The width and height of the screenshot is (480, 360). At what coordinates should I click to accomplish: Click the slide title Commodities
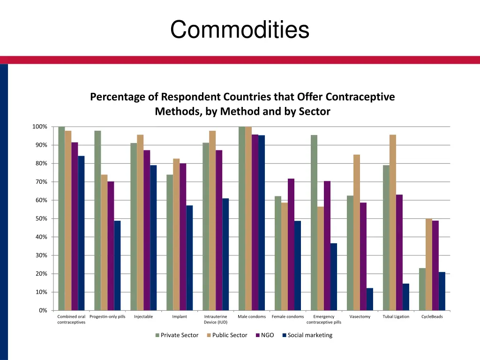pos(240,30)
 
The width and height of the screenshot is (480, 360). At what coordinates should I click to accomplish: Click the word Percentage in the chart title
pos(118,97)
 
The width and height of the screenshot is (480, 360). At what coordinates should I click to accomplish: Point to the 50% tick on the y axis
pos(40,218)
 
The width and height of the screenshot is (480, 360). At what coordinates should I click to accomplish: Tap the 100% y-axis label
pos(39,127)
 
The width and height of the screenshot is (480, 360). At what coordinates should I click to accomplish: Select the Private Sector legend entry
pos(177,335)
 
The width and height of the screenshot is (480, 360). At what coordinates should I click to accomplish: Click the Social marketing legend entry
pos(307,335)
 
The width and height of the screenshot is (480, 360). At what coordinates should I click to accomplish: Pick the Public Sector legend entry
pos(226,335)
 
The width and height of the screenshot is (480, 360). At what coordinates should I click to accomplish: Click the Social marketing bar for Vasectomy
pos(370,299)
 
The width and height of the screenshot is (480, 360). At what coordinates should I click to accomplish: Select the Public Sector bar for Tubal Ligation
pos(393,222)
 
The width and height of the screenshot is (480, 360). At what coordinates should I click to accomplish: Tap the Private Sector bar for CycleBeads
pos(422,289)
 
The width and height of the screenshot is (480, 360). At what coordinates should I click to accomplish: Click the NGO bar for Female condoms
pos(291,244)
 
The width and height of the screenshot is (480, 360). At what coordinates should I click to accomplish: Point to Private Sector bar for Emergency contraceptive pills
pos(314,223)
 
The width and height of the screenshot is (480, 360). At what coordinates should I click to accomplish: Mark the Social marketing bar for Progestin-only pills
pos(117,265)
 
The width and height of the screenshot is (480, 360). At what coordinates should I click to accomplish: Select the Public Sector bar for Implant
pos(176,234)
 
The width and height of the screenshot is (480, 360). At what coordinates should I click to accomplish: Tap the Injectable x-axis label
pos(143,317)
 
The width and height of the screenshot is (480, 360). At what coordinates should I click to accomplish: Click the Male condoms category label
pos(252,317)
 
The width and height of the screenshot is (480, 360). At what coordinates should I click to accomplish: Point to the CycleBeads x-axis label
pos(432,317)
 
